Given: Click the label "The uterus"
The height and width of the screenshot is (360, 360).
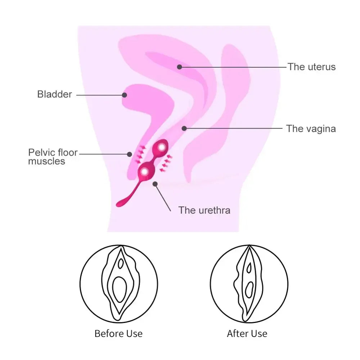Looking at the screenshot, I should tap(311, 67).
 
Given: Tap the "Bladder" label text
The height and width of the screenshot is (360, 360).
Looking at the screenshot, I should tap(55, 95).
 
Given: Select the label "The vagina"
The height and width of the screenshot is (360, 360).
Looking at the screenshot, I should tap(311, 129).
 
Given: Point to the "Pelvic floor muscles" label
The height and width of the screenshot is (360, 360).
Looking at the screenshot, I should tap(53, 157).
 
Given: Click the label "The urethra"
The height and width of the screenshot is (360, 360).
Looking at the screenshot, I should tap(204, 210).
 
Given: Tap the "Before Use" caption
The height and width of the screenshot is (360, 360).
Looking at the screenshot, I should tap(118, 333).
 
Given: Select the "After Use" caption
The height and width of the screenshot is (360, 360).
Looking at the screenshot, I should tap(247, 333).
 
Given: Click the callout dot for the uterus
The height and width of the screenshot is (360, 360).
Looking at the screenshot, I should tap(180, 67).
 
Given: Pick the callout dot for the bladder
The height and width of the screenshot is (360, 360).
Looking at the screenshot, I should tap(124, 95).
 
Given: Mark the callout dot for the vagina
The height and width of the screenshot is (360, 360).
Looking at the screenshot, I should tap(184, 128).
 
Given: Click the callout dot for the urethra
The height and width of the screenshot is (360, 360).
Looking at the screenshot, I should tap(155, 184).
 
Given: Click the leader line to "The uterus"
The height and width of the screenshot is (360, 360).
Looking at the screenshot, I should tap(234, 67).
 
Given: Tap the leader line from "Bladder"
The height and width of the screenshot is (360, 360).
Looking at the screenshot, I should tap(99, 95).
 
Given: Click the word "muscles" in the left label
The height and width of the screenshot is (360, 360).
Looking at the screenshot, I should tap(47, 161).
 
